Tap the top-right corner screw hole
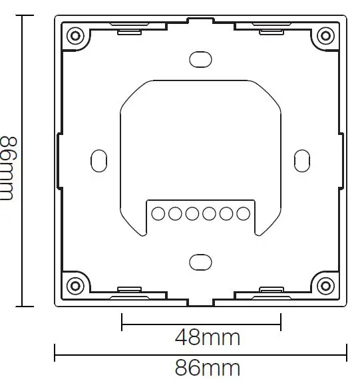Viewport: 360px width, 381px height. click(x=325, y=35)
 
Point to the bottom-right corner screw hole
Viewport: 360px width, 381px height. click(x=325, y=286)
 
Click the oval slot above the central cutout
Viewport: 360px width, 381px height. click(x=200, y=59)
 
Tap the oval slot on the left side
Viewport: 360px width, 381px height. click(x=98, y=160)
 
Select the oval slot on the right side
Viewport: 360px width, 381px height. click(x=301, y=160)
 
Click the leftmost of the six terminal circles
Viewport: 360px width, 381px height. click(x=158, y=213)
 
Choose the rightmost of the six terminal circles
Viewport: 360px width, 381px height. click(x=243, y=213)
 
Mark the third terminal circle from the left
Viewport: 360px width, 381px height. click(x=192, y=213)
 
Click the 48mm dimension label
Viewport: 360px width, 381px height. click(x=207, y=338)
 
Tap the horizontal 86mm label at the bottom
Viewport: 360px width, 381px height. click(x=207, y=368)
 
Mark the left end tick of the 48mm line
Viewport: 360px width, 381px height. click(x=122, y=322)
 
